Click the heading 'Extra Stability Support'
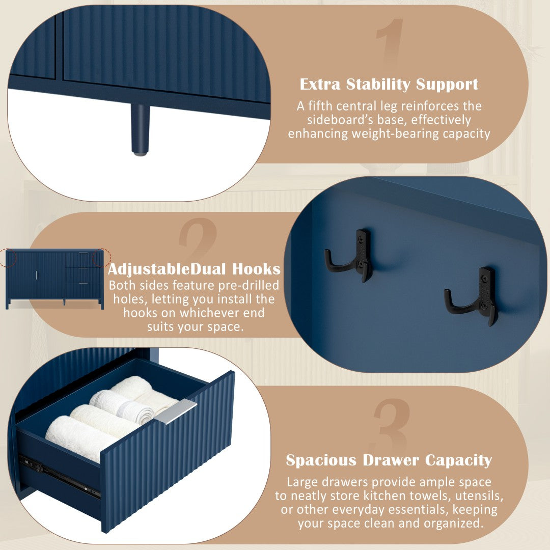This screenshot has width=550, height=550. tap(389, 85)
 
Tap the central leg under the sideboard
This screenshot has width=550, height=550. tap(140, 129)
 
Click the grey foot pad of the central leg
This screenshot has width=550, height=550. tap(140, 154)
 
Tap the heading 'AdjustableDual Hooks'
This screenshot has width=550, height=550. tap(194, 269)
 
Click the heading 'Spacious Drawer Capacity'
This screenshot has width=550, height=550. tap(389, 460)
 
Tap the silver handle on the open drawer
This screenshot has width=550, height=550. tap(175, 411)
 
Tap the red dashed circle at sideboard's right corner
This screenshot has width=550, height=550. tap(102, 258)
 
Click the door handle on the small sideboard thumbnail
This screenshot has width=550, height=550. tap(37, 276)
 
